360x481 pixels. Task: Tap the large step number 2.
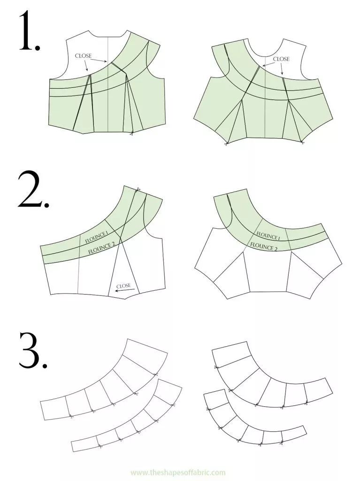click(x=32, y=190)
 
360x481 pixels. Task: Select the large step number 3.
click(x=32, y=349)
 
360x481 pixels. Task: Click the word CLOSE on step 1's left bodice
click(x=83, y=56)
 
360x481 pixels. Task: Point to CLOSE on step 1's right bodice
click(x=281, y=59)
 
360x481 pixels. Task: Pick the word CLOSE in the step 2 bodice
click(x=123, y=286)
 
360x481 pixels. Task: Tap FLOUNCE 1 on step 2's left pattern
click(x=96, y=237)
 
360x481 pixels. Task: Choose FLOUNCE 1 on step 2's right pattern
click(x=268, y=236)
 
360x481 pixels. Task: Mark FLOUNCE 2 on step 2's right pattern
click(x=264, y=247)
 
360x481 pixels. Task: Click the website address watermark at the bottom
click(x=178, y=473)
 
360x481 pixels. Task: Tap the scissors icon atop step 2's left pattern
click(x=138, y=189)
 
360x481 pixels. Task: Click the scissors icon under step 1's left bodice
click(x=131, y=133)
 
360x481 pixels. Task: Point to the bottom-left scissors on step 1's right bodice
click(x=226, y=143)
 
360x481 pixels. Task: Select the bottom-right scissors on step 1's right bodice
click(x=302, y=142)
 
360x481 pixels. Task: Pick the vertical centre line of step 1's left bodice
click(x=108, y=85)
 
